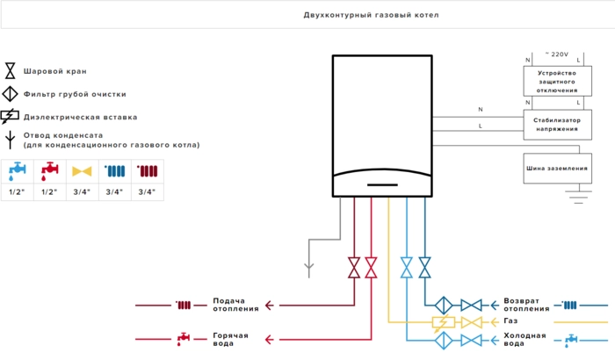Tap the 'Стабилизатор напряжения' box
557,124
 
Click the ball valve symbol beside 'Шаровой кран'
11,71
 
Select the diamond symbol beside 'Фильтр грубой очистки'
11,94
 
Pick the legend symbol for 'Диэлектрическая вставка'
11,117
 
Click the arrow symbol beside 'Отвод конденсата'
11,140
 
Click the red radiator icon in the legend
146,170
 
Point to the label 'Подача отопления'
235,305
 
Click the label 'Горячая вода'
230,338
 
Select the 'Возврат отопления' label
528,305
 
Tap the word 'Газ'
511,321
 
